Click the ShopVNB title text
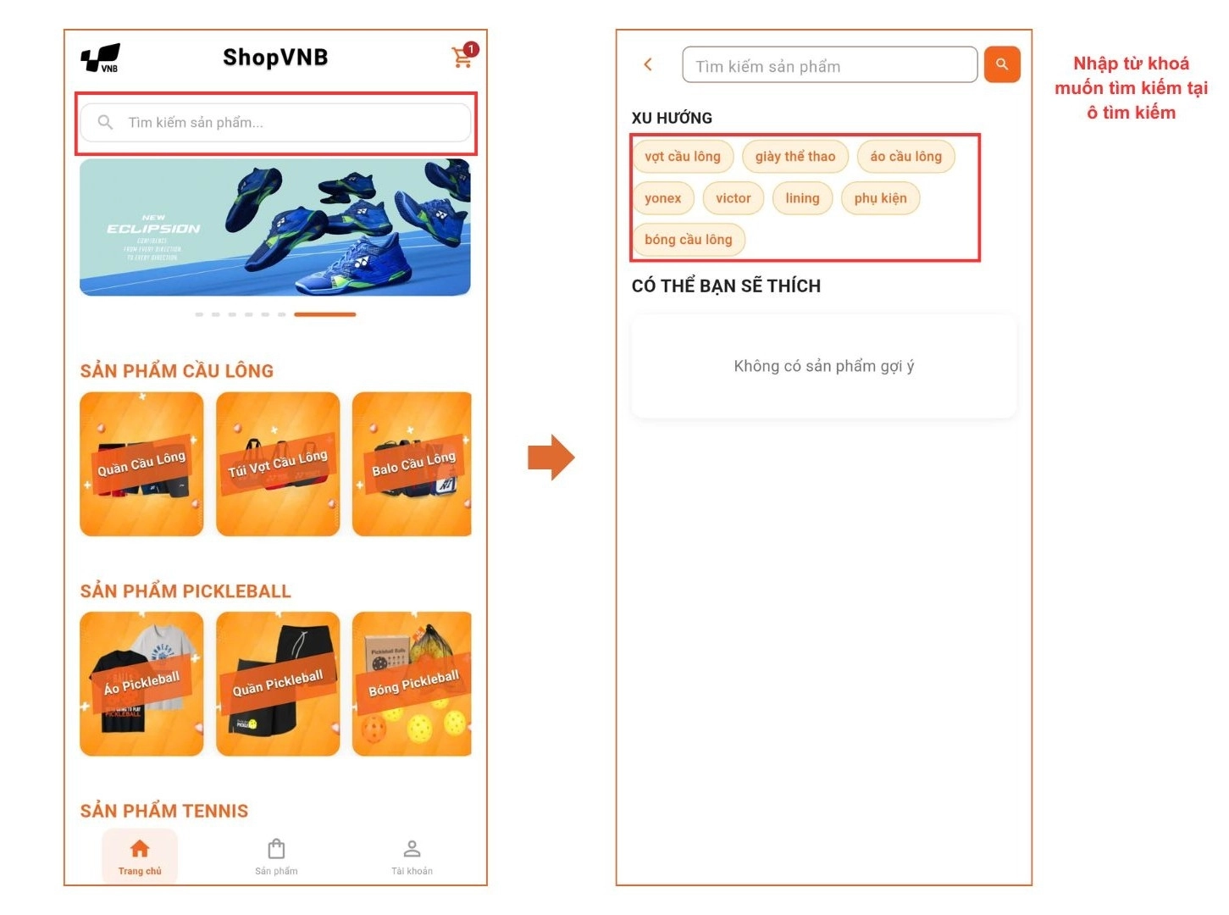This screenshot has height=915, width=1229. click(x=275, y=58)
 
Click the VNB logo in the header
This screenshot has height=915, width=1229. click(x=101, y=58)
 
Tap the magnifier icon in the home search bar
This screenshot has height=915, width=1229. click(x=105, y=123)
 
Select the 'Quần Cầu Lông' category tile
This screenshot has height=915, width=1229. click(x=141, y=464)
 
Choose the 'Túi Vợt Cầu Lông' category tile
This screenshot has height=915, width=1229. click(x=278, y=464)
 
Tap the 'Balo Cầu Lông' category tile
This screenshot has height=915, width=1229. click(x=412, y=464)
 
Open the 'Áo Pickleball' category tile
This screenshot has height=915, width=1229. click(x=141, y=684)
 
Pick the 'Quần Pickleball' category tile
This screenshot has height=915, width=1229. click(x=278, y=684)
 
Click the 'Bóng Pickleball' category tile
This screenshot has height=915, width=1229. click(x=412, y=684)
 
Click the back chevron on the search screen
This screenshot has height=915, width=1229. click(x=648, y=64)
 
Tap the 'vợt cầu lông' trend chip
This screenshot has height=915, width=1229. click(x=682, y=157)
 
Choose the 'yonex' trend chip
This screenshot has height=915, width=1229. click(x=662, y=198)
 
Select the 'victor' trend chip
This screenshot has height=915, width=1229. click(x=733, y=198)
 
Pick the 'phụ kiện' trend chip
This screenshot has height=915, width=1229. click(x=880, y=198)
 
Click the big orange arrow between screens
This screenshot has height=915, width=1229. click(x=551, y=457)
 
